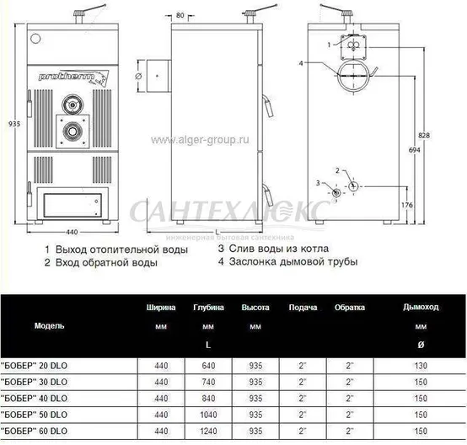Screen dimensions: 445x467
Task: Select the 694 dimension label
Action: pyautogui.click(x=413, y=148)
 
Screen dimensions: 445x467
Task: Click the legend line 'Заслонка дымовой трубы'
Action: pyautogui.click(x=293, y=262)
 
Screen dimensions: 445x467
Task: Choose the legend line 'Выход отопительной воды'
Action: pyautogui.click(x=111, y=250)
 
